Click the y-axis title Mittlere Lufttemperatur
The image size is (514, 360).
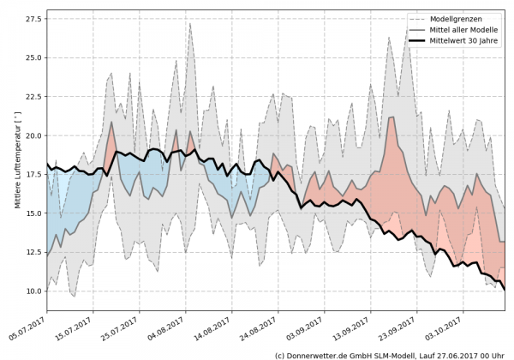pos(17,163)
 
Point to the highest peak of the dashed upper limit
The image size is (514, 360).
pos(189,23)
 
